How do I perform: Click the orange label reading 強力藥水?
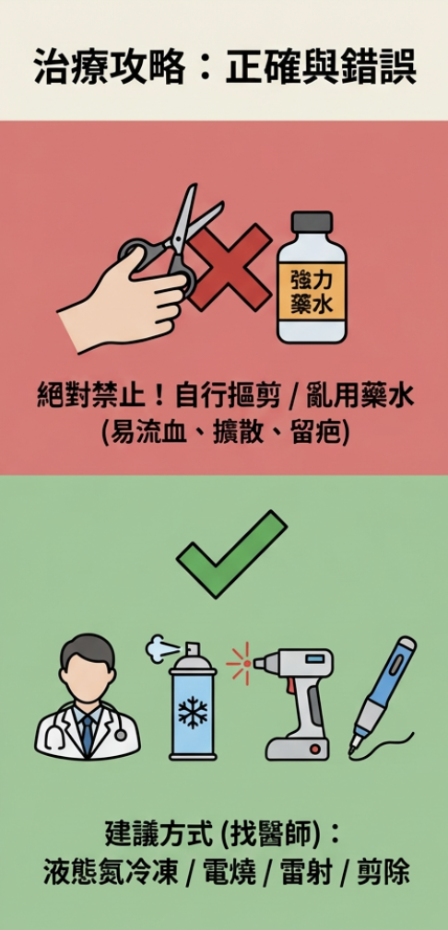[x=312, y=290]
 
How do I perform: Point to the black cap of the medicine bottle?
[x=311, y=223]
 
